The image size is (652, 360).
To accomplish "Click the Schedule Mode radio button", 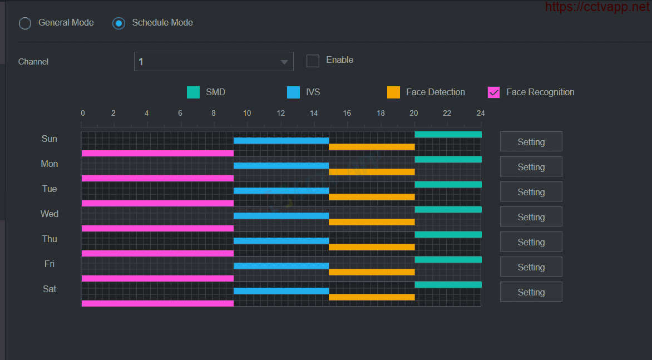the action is tap(118, 23).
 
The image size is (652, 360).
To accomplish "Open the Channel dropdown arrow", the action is tap(284, 62).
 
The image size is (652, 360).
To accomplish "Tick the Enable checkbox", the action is tap(313, 61).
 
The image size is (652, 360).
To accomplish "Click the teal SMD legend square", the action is tap(194, 92).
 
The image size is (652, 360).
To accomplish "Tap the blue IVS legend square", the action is tap(293, 92).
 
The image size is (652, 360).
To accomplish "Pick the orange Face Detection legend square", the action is tap(393, 92).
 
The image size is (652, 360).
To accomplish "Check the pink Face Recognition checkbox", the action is tap(493, 92).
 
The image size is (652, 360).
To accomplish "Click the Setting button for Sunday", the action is tap(531, 142).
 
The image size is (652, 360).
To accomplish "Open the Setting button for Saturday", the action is tap(531, 292).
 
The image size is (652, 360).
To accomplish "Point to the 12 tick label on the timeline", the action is tap(281, 113).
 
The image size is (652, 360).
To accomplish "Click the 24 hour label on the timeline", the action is tap(480, 113).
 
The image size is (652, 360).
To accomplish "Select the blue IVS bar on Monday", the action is tap(281, 166).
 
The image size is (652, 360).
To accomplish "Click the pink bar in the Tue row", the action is tap(157, 203).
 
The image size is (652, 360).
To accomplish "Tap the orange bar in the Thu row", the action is tap(372, 247).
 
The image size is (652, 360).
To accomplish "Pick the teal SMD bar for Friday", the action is tap(448, 259).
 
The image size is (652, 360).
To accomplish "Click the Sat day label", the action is tap(50, 289).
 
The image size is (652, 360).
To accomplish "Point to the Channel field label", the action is tap(33, 62).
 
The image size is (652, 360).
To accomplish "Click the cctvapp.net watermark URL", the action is tap(597, 7).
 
